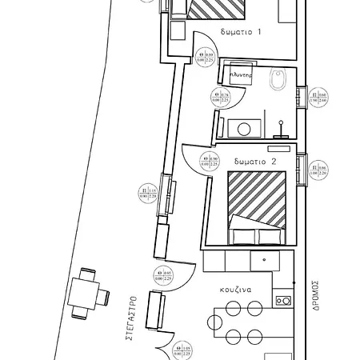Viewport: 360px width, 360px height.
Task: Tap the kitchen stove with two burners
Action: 282,301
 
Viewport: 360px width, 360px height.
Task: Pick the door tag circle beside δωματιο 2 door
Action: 210,161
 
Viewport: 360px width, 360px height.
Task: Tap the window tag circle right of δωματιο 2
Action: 320,169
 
